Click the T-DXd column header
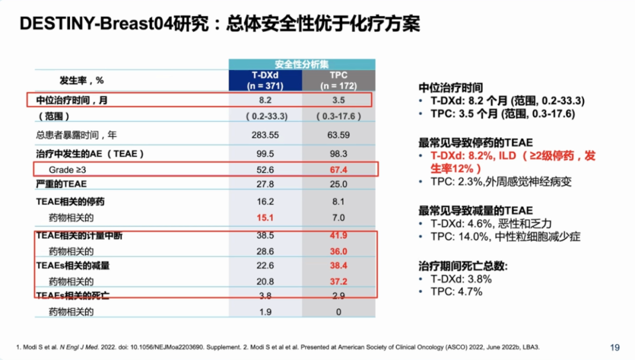click(265, 80)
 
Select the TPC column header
click(338, 80)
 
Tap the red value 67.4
click(338, 170)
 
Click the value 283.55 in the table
click(265, 135)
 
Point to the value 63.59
click(338, 135)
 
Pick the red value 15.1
click(265, 218)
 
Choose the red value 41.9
click(338, 235)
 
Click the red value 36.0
click(338, 251)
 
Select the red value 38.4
click(338, 266)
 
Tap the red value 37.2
click(338, 282)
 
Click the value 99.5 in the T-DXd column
click(265, 154)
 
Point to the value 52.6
click(265, 170)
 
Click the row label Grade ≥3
click(69, 170)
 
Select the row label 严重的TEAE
click(61, 184)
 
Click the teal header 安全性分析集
click(302, 64)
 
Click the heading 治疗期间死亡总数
click(462, 266)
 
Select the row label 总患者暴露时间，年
click(76, 135)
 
